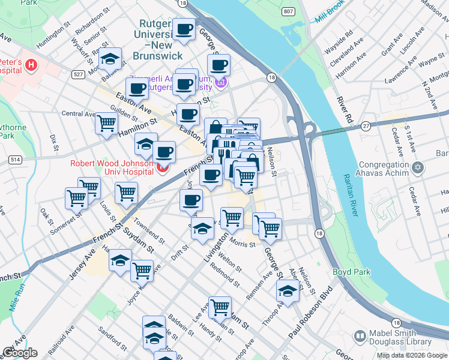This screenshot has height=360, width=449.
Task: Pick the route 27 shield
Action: [365, 125]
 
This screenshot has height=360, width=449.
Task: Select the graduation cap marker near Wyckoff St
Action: [110, 58]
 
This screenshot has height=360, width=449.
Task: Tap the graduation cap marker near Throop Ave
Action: [288, 291]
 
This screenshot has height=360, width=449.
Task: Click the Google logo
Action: [20, 353]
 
